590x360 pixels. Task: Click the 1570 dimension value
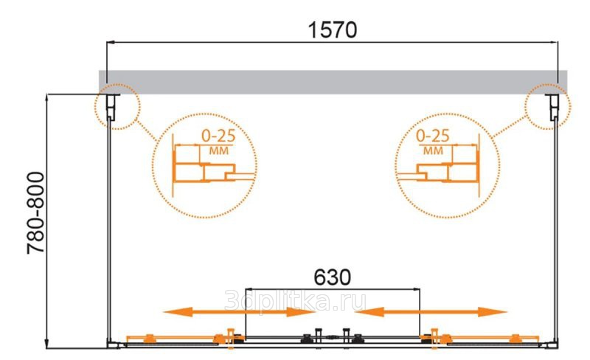tap(333, 30)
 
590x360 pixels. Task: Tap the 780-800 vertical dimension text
tap(36, 213)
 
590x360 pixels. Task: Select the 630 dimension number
tap(333, 278)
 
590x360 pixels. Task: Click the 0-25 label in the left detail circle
tap(218, 136)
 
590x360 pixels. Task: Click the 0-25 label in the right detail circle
tap(433, 136)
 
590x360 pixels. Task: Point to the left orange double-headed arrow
tap(239, 312)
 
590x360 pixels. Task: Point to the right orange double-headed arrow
tap(431, 312)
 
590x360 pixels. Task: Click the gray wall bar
tap(333, 82)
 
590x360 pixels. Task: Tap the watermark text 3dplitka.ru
tap(296, 300)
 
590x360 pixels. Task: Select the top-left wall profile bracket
tap(111, 107)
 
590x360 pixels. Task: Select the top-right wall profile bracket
tap(554, 107)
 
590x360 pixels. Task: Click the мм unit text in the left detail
tap(218, 151)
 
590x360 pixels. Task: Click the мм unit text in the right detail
tap(433, 151)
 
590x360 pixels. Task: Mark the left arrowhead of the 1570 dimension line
tap(108, 43)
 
